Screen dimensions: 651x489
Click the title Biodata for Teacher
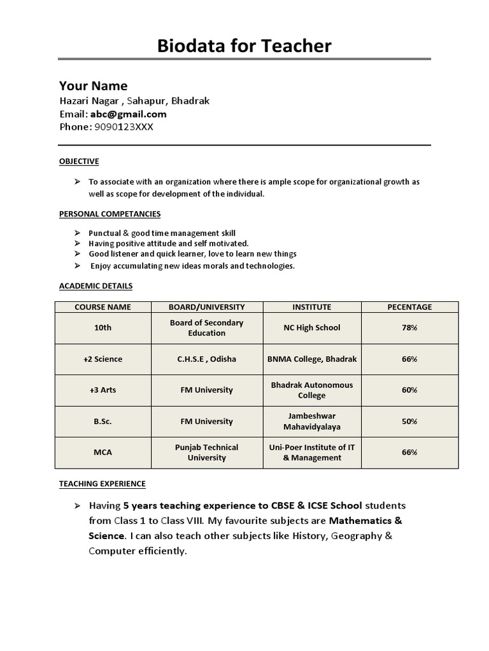tap(244, 46)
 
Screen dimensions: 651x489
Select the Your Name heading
tap(93, 86)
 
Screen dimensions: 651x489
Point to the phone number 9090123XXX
tap(124, 127)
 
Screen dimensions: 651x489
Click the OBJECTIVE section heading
tap(79, 161)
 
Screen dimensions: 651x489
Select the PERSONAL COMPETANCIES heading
tap(110, 214)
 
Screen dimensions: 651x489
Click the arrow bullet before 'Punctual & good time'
tap(77, 233)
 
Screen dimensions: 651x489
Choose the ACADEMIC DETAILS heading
tap(96, 286)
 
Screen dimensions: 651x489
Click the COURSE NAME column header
tap(103, 307)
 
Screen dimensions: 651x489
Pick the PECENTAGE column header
tap(409, 307)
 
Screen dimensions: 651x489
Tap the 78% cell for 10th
tap(409, 328)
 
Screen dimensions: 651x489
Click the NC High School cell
tap(312, 328)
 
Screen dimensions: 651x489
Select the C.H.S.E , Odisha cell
tap(206, 359)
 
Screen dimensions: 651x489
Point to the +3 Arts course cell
tap(103, 390)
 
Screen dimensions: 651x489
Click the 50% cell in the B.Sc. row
tap(409, 421)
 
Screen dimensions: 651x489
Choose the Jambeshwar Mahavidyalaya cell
tap(312, 421)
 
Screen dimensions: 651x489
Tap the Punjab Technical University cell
tap(206, 453)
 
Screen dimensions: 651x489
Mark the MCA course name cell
tap(103, 453)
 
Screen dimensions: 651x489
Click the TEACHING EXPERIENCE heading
tap(102, 484)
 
